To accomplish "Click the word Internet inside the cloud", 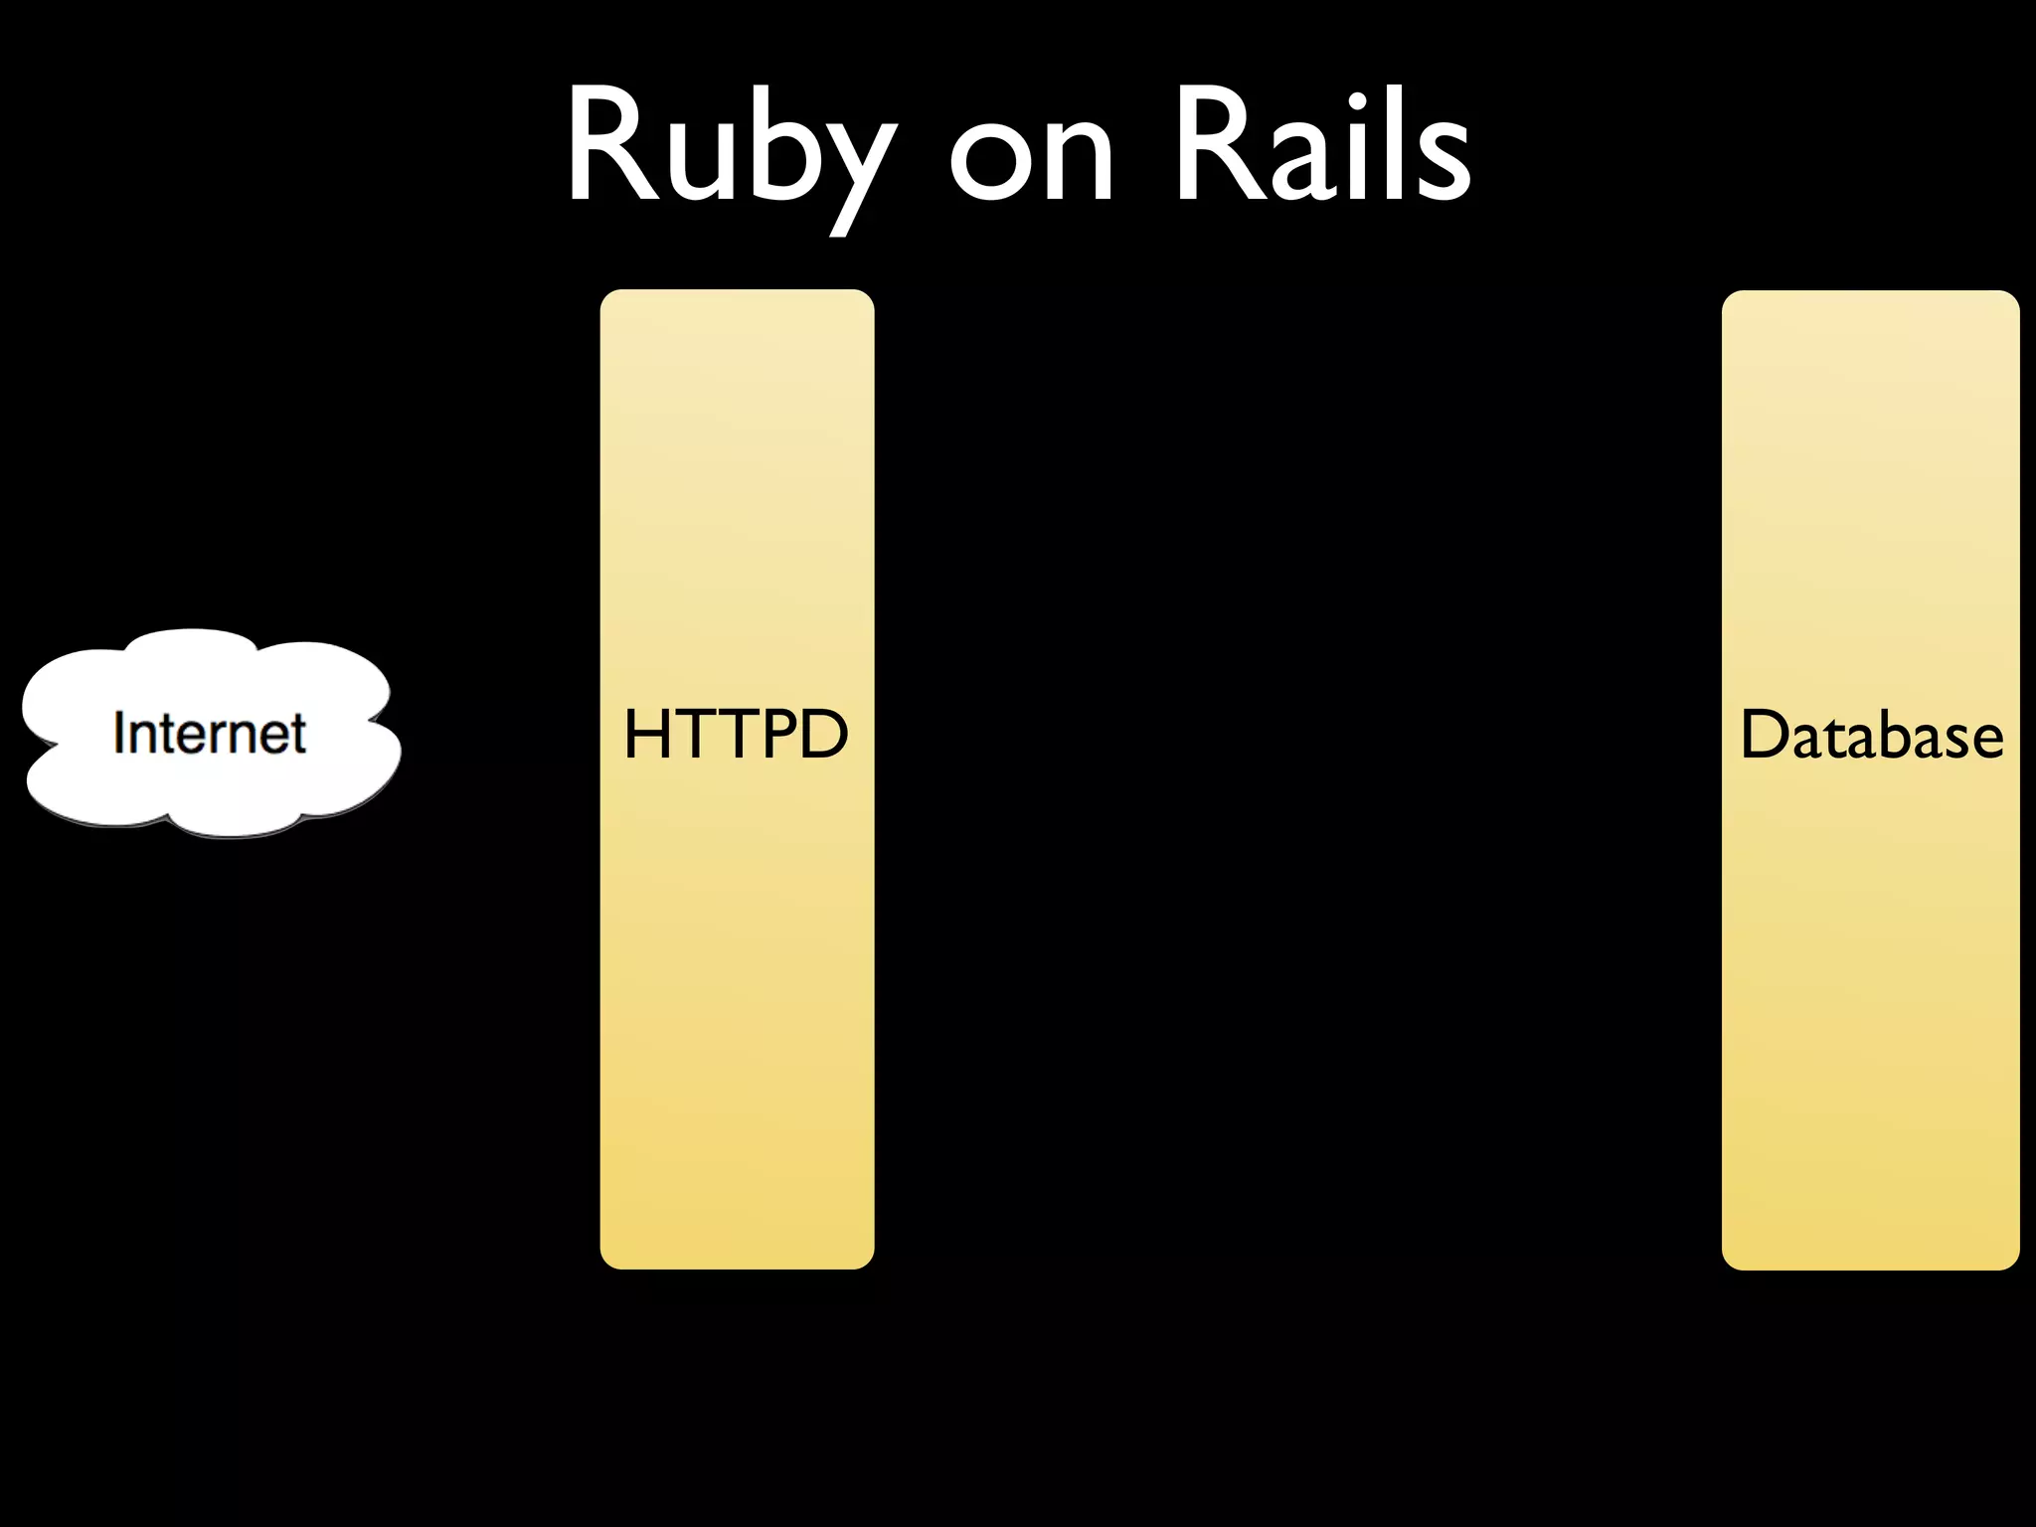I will tap(210, 734).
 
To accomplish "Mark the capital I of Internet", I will tap(119, 734).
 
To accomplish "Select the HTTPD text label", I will tap(736, 736).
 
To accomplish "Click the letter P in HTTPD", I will tap(774, 736).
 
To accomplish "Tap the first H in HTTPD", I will tap(646, 736).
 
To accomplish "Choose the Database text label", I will tap(1871, 736).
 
